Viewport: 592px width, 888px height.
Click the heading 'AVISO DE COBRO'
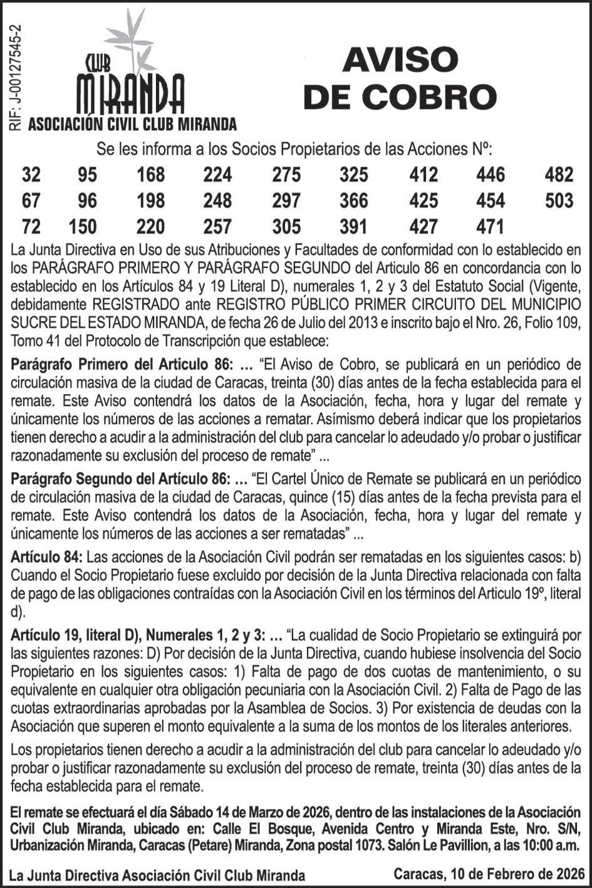pyautogui.click(x=400, y=79)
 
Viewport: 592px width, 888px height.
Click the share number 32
pyautogui.click(x=31, y=174)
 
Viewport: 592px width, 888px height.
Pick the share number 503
pyautogui.click(x=559, y=201)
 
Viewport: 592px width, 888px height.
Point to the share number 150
pyautogui.click(x=83, y=226)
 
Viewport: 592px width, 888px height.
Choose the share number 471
pyautogui.click(x=490, y=226)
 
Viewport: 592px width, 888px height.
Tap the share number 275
pyautogui.click(x=286, y=174)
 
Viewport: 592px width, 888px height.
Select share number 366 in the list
pyautogui.click(x=354, y=201)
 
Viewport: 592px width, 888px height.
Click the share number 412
pyautogui.click(x=423, y=174)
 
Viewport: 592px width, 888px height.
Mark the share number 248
pyautogui.click(x=217, y=201)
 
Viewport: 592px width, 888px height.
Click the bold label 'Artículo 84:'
pyautogui.click(x=46, y=556)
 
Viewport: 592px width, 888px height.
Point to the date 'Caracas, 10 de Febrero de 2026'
pyautogui.click(x=489, y=873)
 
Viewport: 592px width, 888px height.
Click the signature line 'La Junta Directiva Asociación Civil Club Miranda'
pyautogui.click(x=158, y=875)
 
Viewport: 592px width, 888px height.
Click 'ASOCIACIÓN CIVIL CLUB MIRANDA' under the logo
pyautogui.click(x=133, y=124)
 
